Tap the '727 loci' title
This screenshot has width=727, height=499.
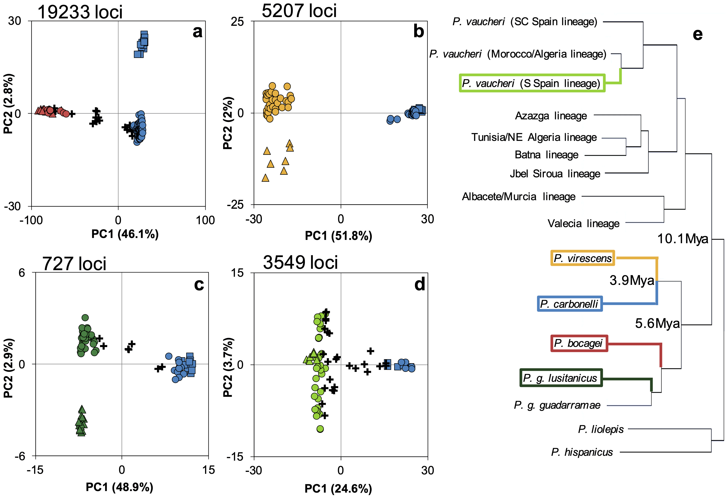tap(74, 264)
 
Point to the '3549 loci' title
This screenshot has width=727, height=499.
tap(300, 262)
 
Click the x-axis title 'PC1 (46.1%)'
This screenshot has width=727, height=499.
tap(125, 234)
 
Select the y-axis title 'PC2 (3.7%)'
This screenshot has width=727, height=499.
tap(228, 367)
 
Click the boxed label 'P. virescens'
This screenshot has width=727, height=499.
tap(582, 258)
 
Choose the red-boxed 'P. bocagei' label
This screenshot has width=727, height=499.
tap(579, 343)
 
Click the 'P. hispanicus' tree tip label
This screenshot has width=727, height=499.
tap(582, 452)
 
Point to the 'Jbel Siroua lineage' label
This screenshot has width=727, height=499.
tap(555, 174)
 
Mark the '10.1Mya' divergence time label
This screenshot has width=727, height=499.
tap(683, 239)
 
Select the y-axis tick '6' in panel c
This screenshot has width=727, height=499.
tap(22, 273)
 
